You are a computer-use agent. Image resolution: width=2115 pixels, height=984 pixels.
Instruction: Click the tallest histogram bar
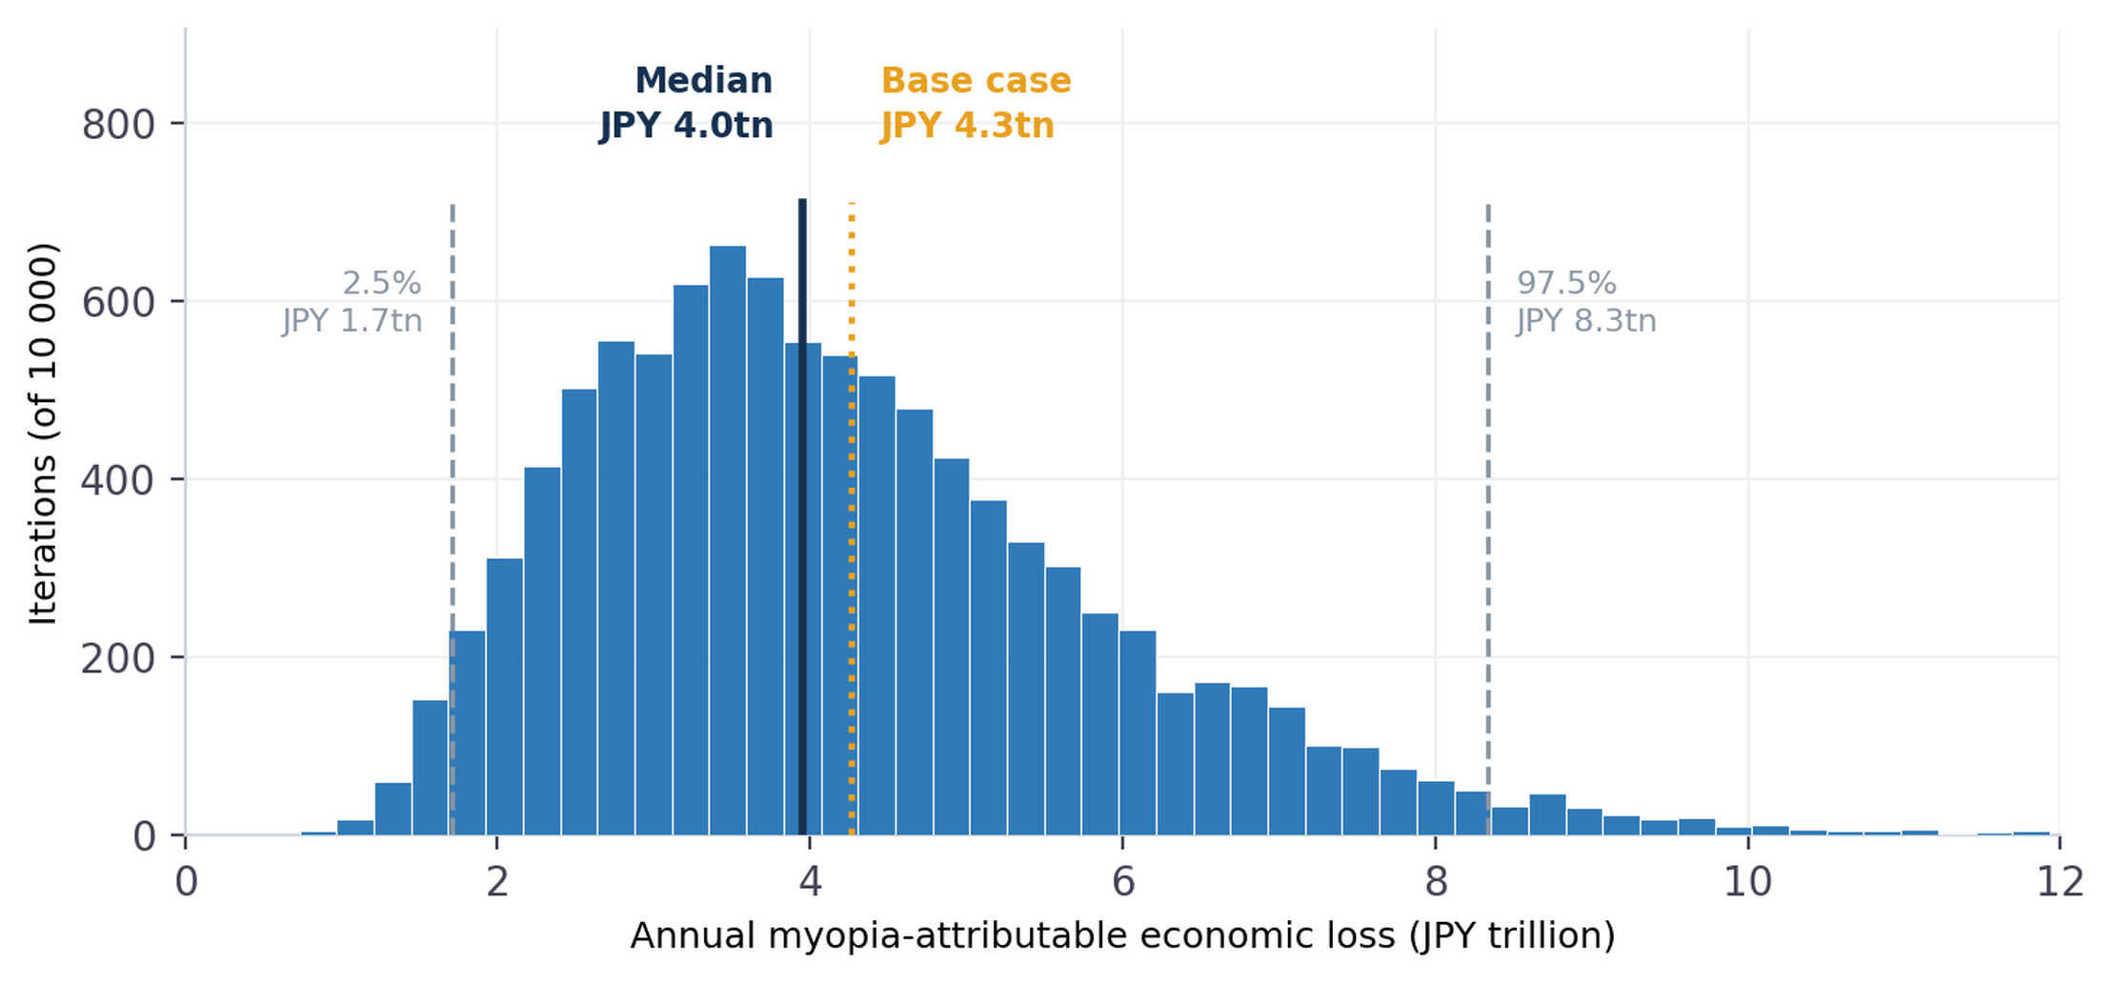point(728,540)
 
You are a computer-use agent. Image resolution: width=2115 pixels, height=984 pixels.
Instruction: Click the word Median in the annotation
point(703,81)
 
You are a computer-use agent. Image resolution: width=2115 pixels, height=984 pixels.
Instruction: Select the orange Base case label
point(976,81)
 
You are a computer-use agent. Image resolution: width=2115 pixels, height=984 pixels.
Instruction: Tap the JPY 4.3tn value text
point(967,126)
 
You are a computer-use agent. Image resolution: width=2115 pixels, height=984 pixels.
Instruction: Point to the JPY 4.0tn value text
point(686,126)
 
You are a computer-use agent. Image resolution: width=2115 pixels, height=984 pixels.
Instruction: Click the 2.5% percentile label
point(381,283)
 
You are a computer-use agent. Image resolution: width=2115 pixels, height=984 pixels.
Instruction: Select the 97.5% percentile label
point(1566,283)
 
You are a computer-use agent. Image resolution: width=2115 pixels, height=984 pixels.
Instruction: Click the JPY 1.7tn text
point(352,321)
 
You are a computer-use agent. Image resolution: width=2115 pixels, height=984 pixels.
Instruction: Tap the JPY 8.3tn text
point(1586,321)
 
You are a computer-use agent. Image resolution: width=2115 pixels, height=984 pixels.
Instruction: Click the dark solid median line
point(802,517)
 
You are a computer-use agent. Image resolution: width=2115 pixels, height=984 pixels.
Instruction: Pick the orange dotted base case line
point(852,519)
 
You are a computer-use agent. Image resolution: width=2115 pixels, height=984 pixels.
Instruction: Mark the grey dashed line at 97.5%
point(1488,519)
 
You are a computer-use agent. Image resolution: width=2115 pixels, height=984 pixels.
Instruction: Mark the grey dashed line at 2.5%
point(452,519)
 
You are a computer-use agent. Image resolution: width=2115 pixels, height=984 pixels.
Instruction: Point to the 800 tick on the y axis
point(119,125)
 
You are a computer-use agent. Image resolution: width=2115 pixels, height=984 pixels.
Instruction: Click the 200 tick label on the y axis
point(119,658)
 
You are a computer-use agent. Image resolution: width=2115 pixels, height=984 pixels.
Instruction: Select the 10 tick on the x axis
point(1748,882)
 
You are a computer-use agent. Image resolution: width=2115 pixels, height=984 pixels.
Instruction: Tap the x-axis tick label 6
point(1123,882)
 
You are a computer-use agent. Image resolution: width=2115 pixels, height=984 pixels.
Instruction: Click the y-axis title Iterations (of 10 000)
point(43,434)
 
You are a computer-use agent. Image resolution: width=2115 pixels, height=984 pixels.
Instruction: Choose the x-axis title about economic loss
point(1123,936)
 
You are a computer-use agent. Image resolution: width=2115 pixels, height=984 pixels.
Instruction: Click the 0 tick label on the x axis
point(186,882)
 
